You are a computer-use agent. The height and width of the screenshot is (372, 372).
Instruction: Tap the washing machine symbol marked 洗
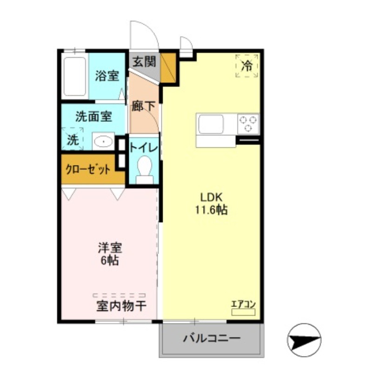pyautogui.click(x=72, y=139)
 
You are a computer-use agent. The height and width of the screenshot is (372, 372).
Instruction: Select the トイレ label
pyautogui.click(x=144, y=148)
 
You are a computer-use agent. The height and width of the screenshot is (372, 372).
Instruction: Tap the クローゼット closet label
pyautogui.click(x=88, y=169)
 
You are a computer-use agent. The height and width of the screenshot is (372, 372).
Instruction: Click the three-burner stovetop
pyautogui.click(x=248, y=124)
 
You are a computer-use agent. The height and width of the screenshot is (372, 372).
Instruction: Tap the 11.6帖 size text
pyautogui.click(x=211, y=210)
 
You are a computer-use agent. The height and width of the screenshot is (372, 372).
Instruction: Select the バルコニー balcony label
pyautogui.click(x=211, y=338)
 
